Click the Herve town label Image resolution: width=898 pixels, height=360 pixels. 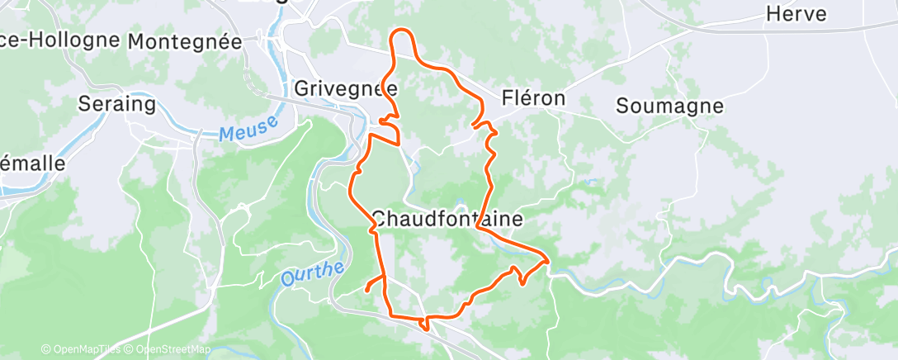(x=796, y=14)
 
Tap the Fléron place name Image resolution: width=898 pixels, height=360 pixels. (x=533, y=98)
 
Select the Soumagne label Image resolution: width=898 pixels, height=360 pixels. (x=669, y=106)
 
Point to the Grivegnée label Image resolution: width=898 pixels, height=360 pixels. (x=346, y=88)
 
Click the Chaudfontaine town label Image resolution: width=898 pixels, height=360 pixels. (x=447, y=220)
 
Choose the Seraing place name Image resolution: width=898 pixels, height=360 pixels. (x=116, y=104)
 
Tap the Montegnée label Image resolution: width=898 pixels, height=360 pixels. (x=185, y=40)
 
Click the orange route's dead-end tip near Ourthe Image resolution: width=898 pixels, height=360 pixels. (x=366, y=290)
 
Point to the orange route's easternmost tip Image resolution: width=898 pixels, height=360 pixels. (x=547, y=263)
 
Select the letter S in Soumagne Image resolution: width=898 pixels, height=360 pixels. (x=622, y=106)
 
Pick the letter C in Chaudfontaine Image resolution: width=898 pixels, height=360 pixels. (x=379, y=220)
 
